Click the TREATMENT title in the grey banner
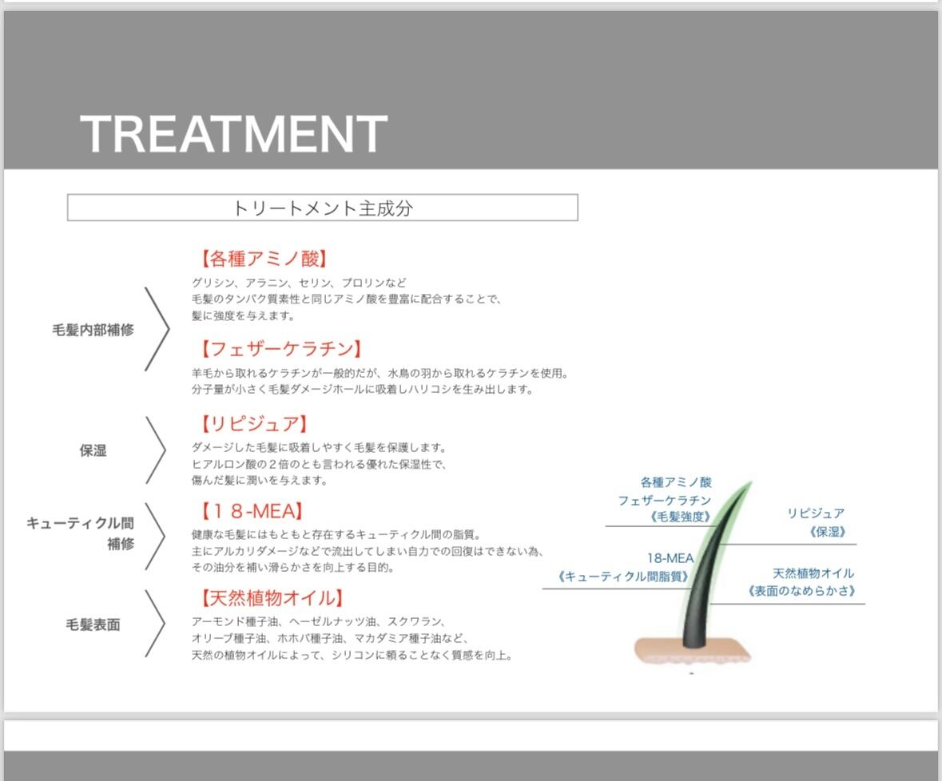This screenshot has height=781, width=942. coord(233,133)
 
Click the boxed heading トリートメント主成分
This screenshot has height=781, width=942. coord(323,208)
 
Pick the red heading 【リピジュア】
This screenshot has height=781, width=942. coord(254,424)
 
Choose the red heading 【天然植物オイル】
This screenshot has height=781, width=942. coord(272,598)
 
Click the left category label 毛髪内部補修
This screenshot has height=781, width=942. coord(93,330)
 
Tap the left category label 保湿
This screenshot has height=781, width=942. coord(93,451)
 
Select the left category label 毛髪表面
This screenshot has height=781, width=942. coord(93,625)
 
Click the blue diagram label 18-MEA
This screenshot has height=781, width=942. coord(670,558)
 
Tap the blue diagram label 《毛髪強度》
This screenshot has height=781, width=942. coord(681,517)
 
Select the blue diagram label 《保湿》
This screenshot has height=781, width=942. coord(827,532)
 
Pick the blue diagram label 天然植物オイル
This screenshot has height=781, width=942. coord(813,573)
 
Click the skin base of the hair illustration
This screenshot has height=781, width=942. coord(693,652)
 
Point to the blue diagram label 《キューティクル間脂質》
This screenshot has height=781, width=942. coord(623,577)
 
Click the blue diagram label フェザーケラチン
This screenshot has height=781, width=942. coord(665,500)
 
